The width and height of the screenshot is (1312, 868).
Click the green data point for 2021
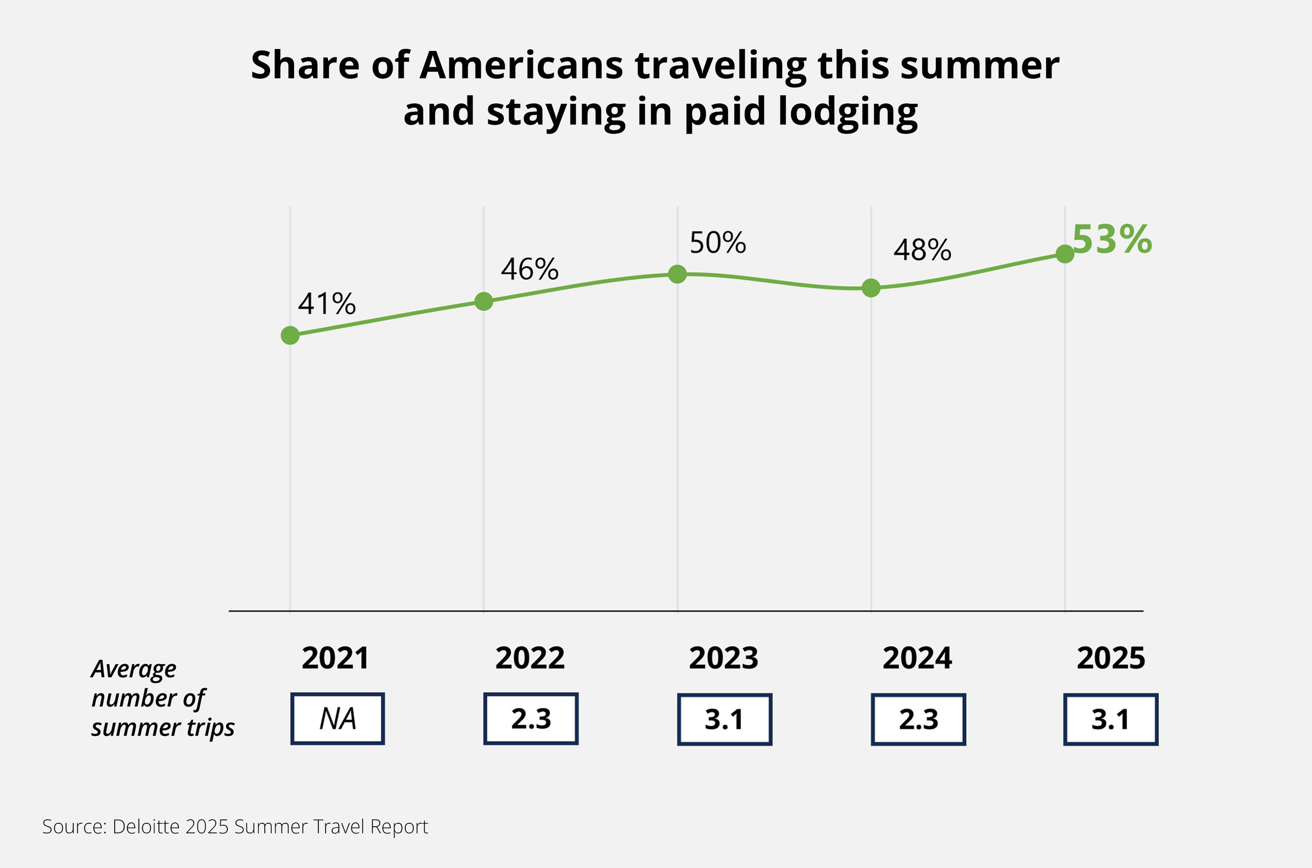tap(290, 335)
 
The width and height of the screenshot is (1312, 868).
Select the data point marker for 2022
tap(483, 301)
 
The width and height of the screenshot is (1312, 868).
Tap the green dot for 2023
tap(677, 273)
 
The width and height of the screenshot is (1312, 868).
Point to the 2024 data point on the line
tap(871, 287)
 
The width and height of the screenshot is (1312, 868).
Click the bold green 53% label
tap(1111, 239)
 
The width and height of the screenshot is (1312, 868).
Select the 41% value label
tap(327, 304)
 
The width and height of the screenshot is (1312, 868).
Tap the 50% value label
tap(718, 242)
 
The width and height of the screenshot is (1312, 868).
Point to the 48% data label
tap(922, 250)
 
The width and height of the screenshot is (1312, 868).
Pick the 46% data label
tap(530, 269)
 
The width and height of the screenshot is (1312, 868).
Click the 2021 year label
tap(335, 658)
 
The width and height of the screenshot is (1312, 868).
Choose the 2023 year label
tap(723, 658)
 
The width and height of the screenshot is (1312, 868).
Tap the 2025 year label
tap(1110, 658)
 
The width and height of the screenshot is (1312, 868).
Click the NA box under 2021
tap(337, 718)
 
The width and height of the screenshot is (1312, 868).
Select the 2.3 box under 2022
tap(531, 718)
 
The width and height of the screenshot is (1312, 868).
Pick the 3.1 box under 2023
tap(725, 719)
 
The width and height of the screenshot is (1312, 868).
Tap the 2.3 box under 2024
tap(918, 719)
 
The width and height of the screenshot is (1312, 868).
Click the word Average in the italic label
tap(134, 669)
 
